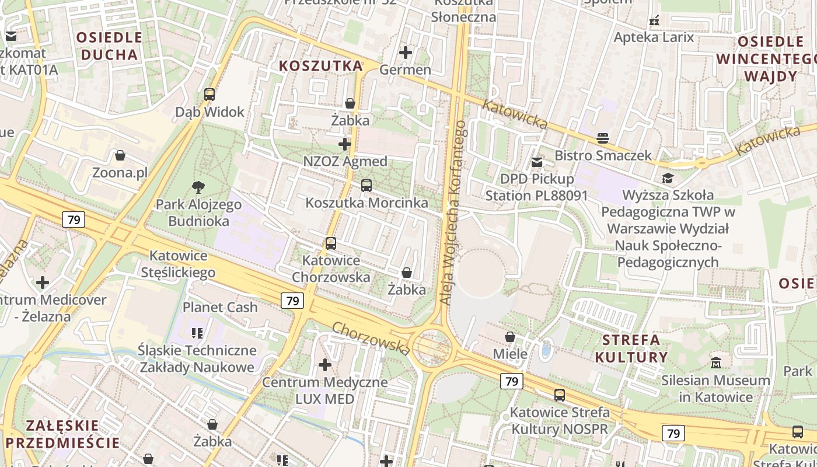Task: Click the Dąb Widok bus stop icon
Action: click(209, 94)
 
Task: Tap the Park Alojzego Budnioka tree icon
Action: click(198, 187)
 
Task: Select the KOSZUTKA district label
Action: click(321, 66)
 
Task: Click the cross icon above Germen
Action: click(406, 53)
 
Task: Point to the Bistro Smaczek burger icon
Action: click(603, 138)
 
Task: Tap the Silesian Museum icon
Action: click(716, 363)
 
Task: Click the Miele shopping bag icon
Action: click(510, 337)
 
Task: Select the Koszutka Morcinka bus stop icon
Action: click(366, 186)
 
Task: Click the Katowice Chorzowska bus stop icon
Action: click(331, 243)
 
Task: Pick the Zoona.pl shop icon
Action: click(120, 155)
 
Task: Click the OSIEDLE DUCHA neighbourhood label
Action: click(109, 46)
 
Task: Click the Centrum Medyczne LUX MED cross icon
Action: click(325, 365)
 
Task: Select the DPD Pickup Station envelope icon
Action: click(537, 162)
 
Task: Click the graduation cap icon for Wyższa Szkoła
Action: click(668, 177)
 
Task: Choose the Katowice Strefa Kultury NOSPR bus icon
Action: click(560, 395)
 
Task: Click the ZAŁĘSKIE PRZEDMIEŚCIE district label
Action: click(62, 433)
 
